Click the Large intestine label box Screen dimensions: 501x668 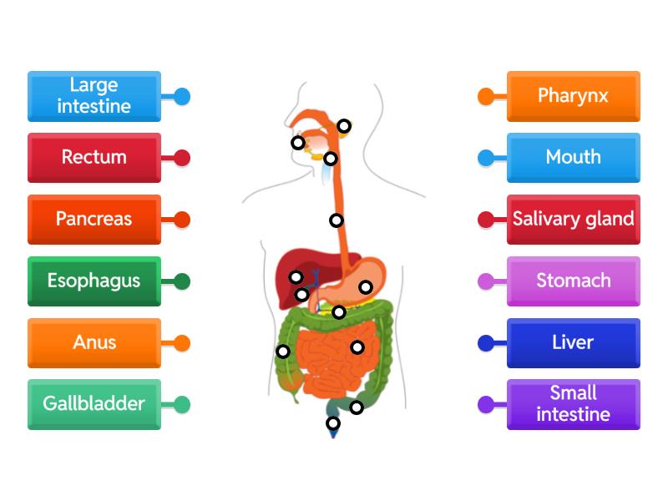point(94,96)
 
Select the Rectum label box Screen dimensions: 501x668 point(94,158)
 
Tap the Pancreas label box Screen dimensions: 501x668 point(94,220)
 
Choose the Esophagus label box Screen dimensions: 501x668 point(94,281)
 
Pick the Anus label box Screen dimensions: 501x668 point(94,343)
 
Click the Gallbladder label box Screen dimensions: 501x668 point(94,405)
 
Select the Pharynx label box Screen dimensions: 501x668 point(573,96)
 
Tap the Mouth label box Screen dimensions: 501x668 point(573,158)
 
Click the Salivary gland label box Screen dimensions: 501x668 point(573,220)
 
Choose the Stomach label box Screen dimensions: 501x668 point(573,281)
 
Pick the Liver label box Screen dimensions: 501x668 point(573,343)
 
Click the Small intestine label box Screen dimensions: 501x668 point(573,405)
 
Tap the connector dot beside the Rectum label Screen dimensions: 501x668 point(181,158)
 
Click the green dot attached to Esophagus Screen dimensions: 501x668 point(181,281)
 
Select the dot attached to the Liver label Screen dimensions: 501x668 point(486,343)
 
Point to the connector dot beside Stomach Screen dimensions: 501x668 point(486,281)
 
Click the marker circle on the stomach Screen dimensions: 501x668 point(366,287)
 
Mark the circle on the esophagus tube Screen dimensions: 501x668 point(336,220)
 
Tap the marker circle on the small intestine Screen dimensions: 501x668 point(357,347)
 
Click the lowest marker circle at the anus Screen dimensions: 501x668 point(333,423)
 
